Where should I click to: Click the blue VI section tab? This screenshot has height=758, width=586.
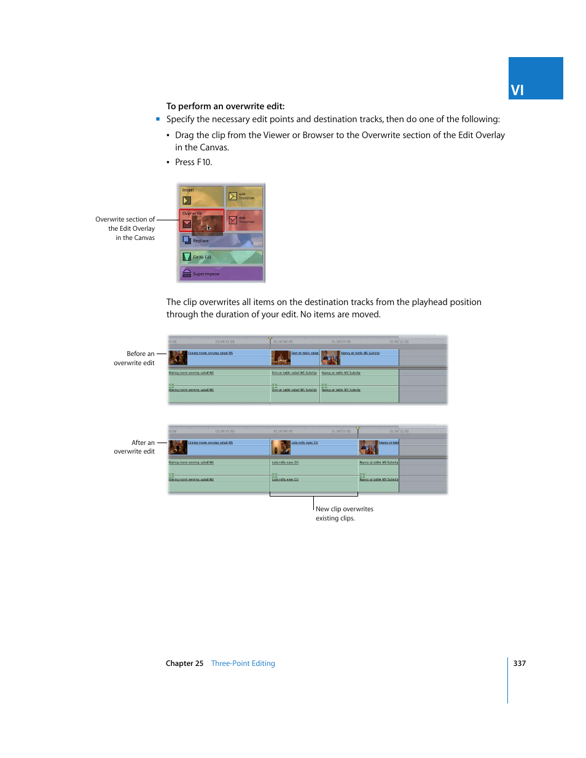[x=535, y=79]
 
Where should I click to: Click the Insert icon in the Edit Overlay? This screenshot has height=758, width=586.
[x=187, y=200]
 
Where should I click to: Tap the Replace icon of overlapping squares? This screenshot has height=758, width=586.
[x=187, y=240]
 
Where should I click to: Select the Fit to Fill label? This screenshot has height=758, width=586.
[x=202, y=257]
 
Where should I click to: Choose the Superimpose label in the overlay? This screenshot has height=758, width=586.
[x=206, y=274]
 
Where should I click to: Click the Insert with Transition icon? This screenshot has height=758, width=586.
[x=233, y=196]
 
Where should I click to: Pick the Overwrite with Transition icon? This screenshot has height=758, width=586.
[x=233, y=220]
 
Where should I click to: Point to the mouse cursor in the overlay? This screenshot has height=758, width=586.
[x=209, y=228]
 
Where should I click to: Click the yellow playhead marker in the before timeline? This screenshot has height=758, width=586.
[x=270, y=339]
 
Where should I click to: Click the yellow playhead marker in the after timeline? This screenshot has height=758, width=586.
[x=358, y=428]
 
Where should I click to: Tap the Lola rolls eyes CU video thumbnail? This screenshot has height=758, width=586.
[x=281, y=447]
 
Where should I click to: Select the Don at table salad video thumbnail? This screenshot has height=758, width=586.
[x=282, y=357]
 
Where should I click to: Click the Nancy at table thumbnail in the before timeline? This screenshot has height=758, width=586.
[x=330, y=357]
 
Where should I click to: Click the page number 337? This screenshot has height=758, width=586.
[x=520, y=663]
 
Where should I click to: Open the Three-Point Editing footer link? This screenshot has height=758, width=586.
[x=243, y=663]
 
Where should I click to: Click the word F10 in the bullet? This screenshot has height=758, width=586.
[x=203, y=162]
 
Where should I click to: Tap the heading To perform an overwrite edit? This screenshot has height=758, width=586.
[x=225, y=106]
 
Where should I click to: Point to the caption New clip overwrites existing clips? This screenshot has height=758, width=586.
[x=344, y=513]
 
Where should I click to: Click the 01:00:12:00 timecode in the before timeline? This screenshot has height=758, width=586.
[x=399, y=342]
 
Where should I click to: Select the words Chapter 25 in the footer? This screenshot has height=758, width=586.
[x=184, y=663]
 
